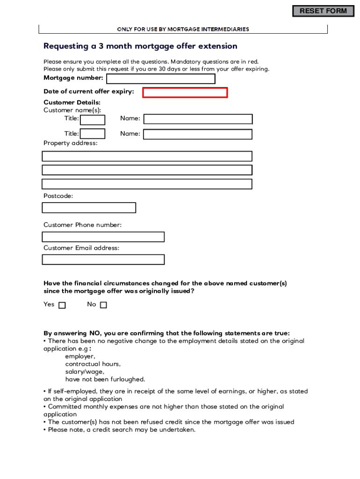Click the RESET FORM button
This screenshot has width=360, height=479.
tap(323, 11)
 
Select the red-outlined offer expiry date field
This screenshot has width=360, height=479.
tap(185, 93)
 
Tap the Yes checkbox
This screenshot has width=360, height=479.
tap(62, 305)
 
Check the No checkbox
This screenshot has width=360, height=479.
tap(103, 305)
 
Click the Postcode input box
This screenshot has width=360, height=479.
tap(89, 208)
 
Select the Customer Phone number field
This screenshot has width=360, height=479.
tap(103, 237)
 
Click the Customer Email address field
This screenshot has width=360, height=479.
tap(103, 259)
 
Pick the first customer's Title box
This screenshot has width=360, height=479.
tap(93, 120)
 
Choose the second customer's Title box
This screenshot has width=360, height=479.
tap(93, 134)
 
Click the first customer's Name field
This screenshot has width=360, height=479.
tap(198, 119)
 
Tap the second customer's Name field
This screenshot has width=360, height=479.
tap(198, 134)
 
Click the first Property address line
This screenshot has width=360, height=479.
tap(147, 156)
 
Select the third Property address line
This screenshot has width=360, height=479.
tap(147, 184)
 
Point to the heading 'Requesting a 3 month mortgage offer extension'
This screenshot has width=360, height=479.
tap(140, 46)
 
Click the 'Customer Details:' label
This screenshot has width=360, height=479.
tap(72, 102)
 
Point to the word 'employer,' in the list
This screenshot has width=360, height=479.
tap(80, 356)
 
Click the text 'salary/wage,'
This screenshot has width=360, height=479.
tap(85, 372)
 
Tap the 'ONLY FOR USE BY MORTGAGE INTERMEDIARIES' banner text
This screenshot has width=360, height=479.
tap(183, 29)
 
